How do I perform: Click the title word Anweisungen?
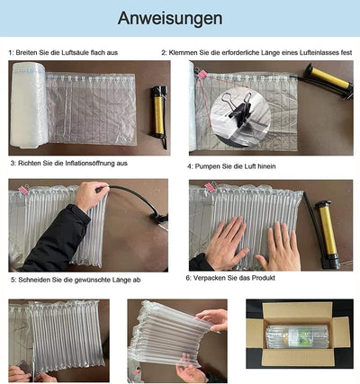(x=170, y=19)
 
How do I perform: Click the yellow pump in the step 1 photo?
(x=158, y=116)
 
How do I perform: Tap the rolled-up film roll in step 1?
(x=29, y=105)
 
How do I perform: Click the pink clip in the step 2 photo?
(x=201, y=74)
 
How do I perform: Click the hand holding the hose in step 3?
(x=91, y=195)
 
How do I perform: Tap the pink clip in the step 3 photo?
(x=22, y=190)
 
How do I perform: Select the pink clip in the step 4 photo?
(x=210, y=187)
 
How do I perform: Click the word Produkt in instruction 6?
(x=263, y=278)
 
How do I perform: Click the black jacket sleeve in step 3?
(x=56, y=240)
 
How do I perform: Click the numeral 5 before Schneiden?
(x=13, y=280)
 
